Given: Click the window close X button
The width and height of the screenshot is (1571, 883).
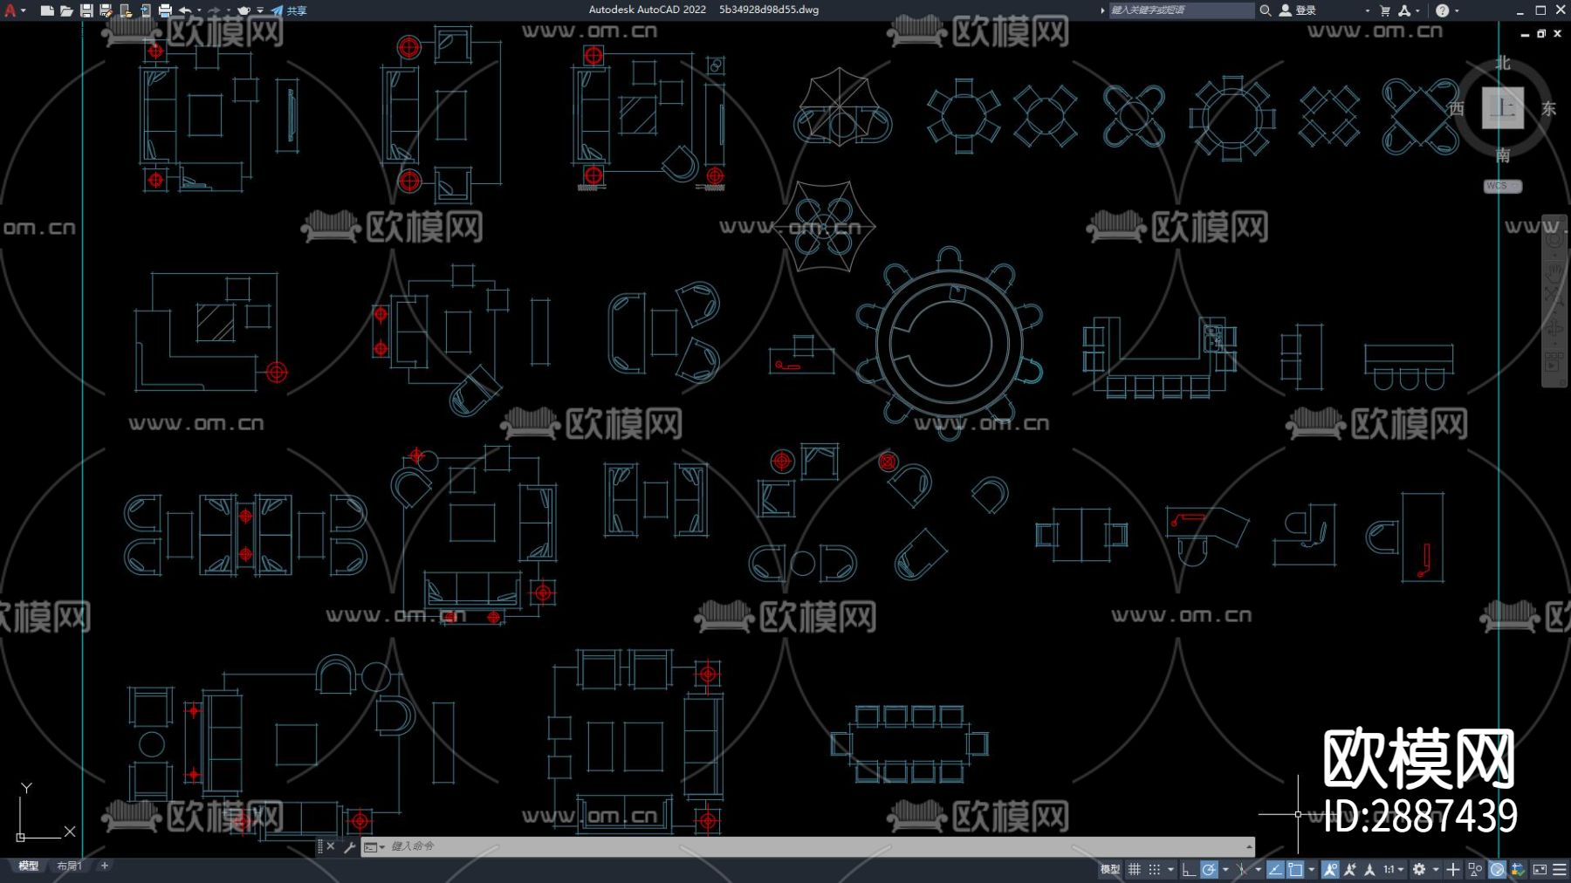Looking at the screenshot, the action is coord(1561,10).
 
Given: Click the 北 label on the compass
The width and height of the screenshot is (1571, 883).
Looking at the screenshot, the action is coord(1502,64).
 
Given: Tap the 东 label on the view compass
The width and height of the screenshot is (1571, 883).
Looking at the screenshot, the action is coord(1548,109).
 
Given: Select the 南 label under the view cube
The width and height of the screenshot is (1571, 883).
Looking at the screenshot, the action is coord(1502,155).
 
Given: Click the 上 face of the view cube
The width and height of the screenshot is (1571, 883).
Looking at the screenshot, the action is coord(1502,108).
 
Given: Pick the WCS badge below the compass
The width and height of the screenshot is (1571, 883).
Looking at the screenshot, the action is coord(1501,186).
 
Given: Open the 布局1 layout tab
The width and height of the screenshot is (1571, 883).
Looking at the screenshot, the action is coord(69,866).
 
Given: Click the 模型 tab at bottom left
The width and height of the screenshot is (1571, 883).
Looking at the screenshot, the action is coord(29,866).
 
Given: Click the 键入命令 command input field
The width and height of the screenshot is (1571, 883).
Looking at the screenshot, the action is coord(785,846).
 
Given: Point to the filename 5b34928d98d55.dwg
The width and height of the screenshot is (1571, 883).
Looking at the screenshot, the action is coord(769,10).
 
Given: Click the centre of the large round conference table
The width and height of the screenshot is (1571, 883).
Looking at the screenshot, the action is coord(949,343).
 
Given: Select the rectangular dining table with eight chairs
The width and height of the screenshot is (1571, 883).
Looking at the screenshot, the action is coord(909,744).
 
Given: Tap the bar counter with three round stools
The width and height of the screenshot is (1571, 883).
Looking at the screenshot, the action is coord(1409,366).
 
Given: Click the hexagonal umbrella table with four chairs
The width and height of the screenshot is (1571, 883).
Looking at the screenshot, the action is coord(824,226).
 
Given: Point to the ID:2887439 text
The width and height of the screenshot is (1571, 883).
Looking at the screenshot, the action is coord(1420,817).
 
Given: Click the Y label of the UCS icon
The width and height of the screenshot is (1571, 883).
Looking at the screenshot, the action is coord(26,789).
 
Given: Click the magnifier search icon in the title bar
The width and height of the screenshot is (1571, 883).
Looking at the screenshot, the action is coord(1265,10).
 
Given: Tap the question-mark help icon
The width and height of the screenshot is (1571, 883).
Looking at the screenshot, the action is coord(1442,10).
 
